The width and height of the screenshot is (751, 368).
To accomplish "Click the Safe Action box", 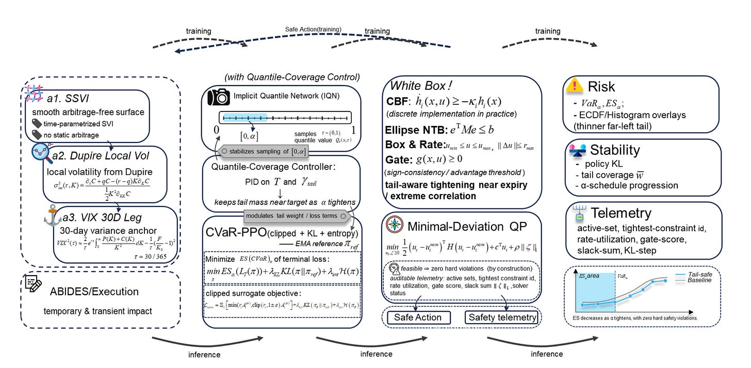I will (418, 317).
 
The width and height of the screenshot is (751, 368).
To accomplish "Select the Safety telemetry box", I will (501, 317).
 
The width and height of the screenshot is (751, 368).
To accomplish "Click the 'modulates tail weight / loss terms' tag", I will (297, 213).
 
